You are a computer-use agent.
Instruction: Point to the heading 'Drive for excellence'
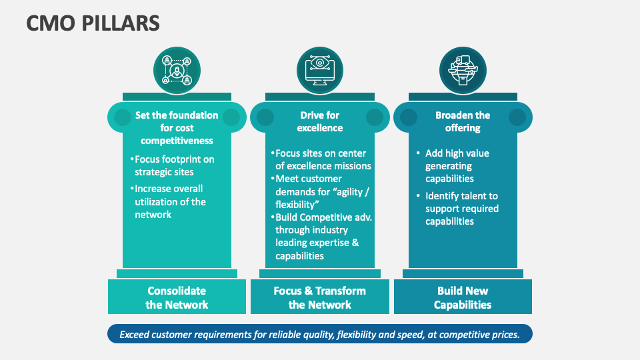click(320, 121)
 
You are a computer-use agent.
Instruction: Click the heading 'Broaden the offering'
click(463, 121)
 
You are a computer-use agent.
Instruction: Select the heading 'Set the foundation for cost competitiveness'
click(177, 127)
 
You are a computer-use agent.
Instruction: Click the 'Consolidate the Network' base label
click(177, 298)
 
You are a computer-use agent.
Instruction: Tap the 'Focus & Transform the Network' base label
click(320, 298)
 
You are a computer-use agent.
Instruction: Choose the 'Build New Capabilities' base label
click(463, 298)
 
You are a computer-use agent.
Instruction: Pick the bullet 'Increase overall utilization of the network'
click(169, 201)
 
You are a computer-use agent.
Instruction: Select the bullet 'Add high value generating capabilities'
click(457, 166)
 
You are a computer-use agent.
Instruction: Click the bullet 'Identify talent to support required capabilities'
click(461, 209)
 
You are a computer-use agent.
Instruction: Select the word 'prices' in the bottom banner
click(505, 335)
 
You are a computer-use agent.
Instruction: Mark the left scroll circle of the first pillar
click(123, 118)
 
